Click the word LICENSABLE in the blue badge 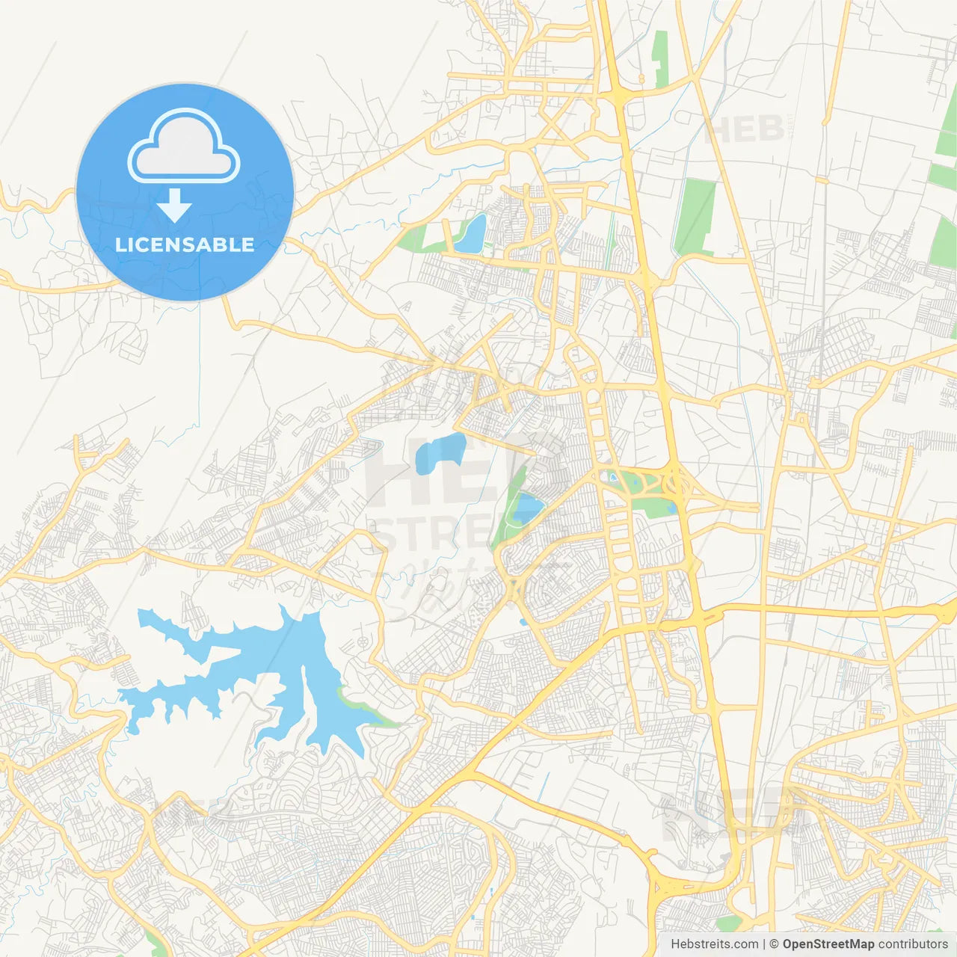coord(185,244)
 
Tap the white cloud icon coord(184,147)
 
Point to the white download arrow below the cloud coord(174,206)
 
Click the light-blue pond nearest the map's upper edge coord(471,233)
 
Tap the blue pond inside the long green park coord(529,509)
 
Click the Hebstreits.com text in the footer coord(714,944)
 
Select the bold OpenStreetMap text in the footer coord(828,944)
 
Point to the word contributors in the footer coord(913,944)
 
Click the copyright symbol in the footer coord(775,944)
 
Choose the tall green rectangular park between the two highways coord(695,217)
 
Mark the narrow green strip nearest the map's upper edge coord(659,60)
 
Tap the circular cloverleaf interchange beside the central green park coord(677,482)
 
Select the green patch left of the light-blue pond coord(412,239)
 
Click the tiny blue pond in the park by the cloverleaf coord(613,476)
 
